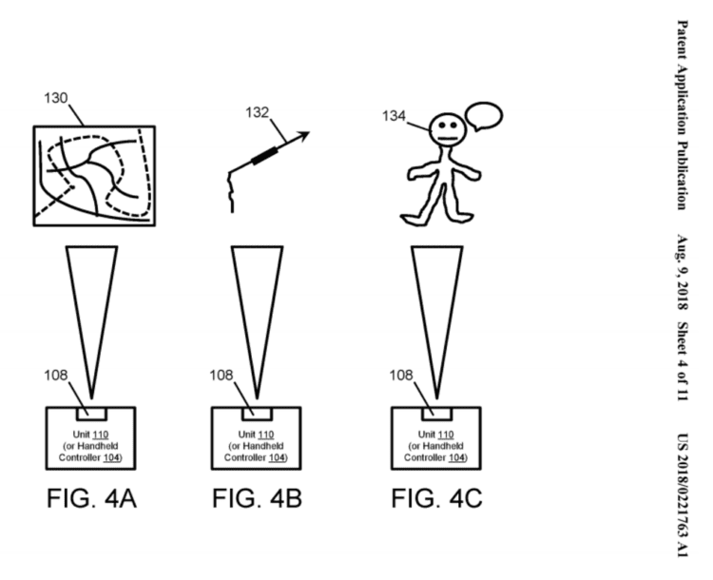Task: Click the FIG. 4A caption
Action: [90, 499]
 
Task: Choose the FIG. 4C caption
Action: [438, 499]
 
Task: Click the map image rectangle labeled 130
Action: [93, 176]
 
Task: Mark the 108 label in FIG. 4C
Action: [403, 375]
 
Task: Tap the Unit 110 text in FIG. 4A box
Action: [90, 433]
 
